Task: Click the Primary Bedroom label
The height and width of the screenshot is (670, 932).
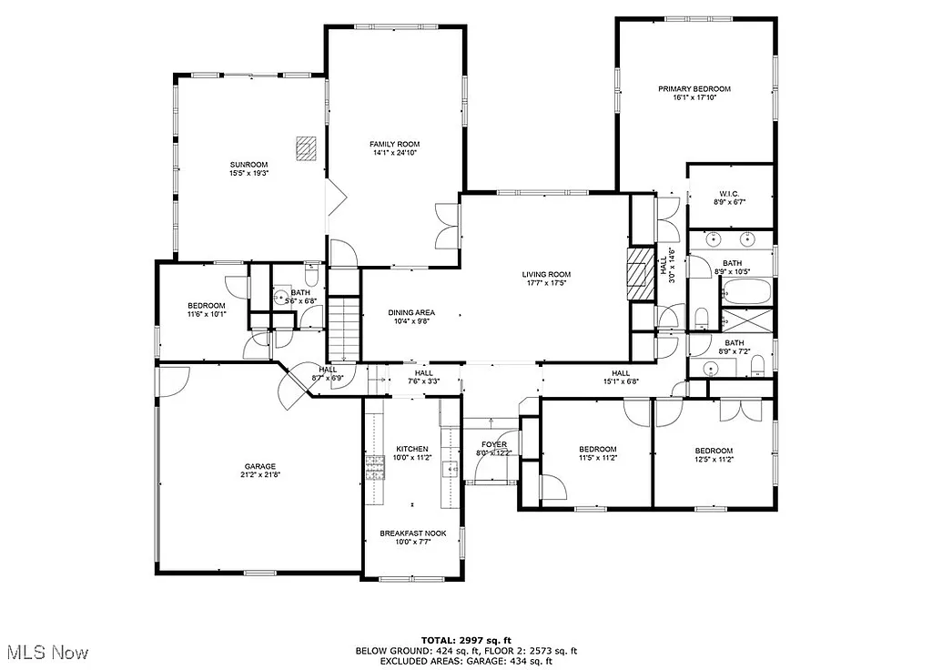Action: tap(694, 89)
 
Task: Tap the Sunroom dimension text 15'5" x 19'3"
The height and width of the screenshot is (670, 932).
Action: tap(248, 173)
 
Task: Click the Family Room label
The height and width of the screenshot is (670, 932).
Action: tap(394, 144)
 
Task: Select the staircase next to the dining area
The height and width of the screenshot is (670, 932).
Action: tap(345, 330)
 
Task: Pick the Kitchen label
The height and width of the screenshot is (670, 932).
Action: tap(411, 449)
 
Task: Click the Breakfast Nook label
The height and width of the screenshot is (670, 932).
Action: tap(412, 533)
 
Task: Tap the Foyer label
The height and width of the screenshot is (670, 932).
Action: tap(494, 444)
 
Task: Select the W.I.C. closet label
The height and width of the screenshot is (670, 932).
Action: tap(728, 193)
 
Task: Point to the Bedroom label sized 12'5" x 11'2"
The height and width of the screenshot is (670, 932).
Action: tap(714, 451)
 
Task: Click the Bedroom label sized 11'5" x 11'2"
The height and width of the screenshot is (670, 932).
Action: tap(598, 449)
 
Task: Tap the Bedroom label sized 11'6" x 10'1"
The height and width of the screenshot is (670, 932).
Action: tap(207, 306)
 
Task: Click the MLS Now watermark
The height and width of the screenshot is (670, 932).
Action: tap(46, 652)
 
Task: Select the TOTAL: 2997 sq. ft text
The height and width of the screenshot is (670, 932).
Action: tap(465, 640)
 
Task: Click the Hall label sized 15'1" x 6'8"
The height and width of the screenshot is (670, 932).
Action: tap(621, 373)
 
